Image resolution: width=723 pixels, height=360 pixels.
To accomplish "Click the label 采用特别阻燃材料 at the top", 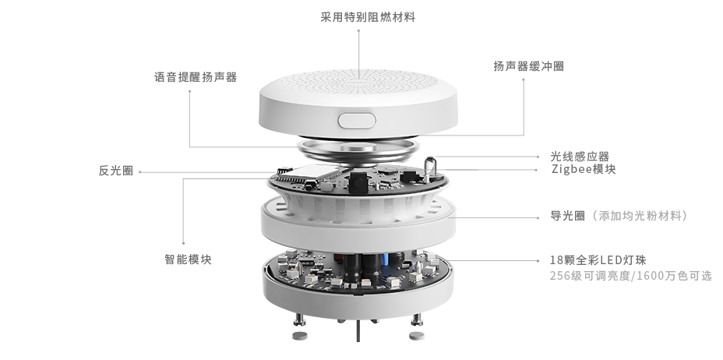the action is click(x=368, y=17).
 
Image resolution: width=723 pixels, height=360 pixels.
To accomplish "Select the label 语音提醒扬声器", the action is click(x=196, y=77).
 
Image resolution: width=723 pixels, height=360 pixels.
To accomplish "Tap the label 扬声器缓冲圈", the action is click(x=528, y=66).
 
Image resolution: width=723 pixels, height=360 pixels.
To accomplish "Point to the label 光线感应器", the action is click(x=580, y=157).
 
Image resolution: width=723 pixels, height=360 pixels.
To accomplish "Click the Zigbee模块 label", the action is click(x=584, y=169).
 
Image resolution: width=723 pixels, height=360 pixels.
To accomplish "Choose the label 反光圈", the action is click(x=116, y=171).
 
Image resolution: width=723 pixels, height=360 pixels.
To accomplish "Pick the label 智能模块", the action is click(x=188, y=259).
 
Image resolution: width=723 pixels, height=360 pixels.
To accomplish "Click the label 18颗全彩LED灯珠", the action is click(x=598, y=260).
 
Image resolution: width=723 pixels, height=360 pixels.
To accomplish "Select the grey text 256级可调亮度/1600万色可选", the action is click(x=631, y=276).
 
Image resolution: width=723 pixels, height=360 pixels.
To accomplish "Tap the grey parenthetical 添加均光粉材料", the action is click(x=638, y=216).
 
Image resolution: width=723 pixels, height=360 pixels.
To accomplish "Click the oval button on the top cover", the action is click(x=357, y=121).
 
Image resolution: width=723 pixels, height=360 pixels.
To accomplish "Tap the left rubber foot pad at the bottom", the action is click(x=300, y=336).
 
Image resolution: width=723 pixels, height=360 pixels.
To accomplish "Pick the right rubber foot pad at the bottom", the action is click(x=416, y=336).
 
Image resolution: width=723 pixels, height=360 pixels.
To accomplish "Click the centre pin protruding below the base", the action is click(x=358, y=331).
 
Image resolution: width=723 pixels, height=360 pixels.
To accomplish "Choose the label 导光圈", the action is click(x=568, y=216).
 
